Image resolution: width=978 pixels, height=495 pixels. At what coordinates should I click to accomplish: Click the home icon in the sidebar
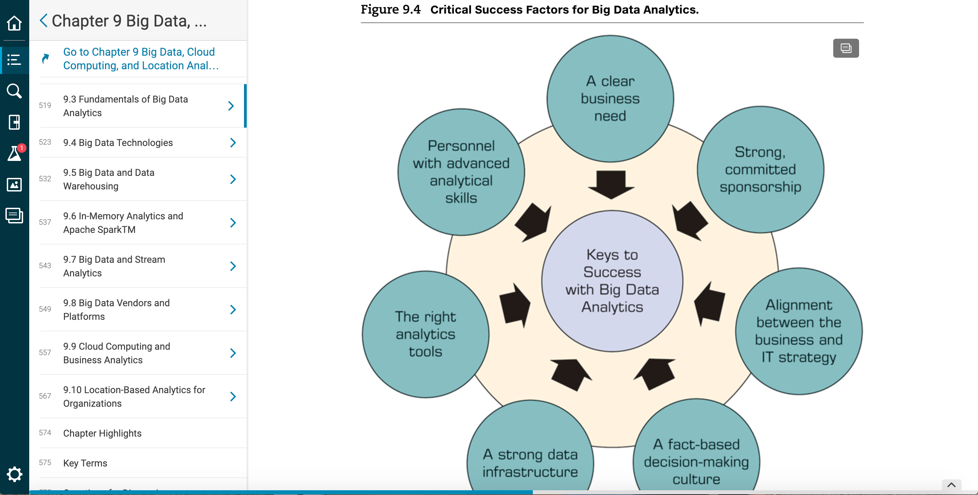click(x=14, y=23)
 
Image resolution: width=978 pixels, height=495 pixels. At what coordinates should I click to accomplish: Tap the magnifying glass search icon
click(x=14, y=91)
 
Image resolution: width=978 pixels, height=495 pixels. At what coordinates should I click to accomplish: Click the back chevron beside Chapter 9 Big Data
click(x=43, y=20)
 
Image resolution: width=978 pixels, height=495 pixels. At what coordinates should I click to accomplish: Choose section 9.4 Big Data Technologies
click(x=118, y=143)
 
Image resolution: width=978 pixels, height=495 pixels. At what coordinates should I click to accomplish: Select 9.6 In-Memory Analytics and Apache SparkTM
click(x=123, y=223)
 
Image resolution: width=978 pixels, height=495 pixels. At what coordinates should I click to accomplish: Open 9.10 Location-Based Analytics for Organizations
click(x=134, y=397)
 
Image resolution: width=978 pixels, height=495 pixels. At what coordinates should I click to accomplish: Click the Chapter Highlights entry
click(x=102, y=433)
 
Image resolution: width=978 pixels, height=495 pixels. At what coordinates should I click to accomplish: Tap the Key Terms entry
click(x=85, y=463)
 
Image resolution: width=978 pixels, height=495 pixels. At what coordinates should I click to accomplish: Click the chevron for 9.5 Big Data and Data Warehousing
click(x=233, y=179)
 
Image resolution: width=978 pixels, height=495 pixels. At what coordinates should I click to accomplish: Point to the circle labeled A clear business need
click(x=610, y=98)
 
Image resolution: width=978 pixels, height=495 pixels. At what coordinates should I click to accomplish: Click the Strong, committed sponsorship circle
click(x=761, y=169)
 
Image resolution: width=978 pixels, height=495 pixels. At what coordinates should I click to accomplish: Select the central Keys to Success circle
click(x=612, y=281)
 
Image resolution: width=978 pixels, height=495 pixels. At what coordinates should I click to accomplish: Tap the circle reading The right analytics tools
click(x=425, y=334)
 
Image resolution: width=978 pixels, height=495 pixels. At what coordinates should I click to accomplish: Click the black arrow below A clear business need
click(x=611, y=185)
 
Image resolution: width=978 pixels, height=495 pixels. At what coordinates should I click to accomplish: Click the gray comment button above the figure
click(x=846, y=48)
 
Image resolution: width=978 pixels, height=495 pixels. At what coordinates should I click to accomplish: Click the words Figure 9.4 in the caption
click(x=390, y=10)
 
